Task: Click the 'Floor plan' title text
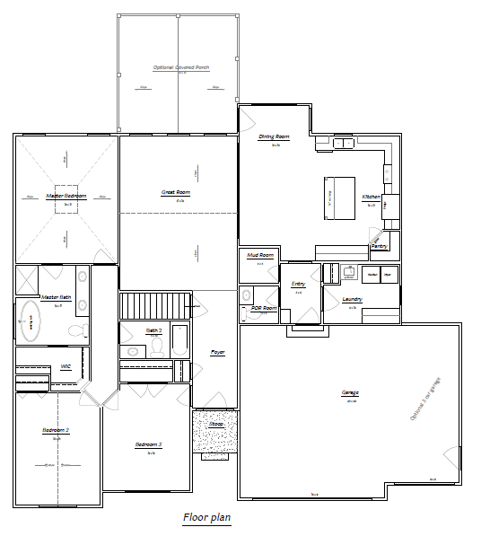206,517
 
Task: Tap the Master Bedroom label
66,195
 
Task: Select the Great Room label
175,192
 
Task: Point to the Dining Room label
275,136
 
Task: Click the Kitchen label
371,197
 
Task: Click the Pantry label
379,245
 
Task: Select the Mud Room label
259,256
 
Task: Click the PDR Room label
264,309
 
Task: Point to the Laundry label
353,299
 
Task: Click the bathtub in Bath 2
179,342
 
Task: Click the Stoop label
216,423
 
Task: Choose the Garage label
349,393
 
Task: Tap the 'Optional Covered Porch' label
177,67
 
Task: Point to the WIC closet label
65,366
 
